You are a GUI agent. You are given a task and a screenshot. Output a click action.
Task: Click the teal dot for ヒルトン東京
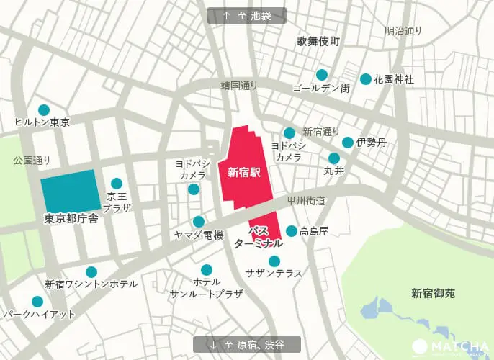click(x=43, y=110)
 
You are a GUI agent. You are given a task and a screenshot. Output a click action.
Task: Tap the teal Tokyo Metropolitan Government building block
click(x=69, y=190)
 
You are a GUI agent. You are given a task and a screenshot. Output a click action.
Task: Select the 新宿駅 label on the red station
click(x=243, y=172)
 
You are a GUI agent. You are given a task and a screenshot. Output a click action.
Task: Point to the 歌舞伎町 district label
click(x=318, y=42)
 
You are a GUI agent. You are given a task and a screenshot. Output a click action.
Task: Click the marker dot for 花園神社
click(x=366, y=79)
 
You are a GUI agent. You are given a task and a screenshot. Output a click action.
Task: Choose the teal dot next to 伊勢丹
click(x=348, y=143)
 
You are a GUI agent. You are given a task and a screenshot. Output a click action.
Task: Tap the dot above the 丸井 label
click(x=333, y=158)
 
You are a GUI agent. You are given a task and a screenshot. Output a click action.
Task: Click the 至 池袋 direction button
click(x=246, y=16)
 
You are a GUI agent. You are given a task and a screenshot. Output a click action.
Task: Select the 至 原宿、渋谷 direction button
click(x=246, y=344)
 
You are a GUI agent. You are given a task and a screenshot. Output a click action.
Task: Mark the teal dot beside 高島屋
click(x=291, y=231)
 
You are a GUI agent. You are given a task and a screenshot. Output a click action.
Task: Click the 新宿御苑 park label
click(x=434, y=293)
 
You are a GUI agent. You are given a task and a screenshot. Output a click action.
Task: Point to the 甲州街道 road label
click(x=307, y=199)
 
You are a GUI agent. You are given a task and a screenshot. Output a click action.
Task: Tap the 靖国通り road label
click(x=238, y=85)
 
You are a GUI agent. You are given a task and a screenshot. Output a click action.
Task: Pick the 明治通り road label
click(x=403, y=31)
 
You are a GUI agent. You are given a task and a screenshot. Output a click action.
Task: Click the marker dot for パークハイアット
click(x=37, y=302)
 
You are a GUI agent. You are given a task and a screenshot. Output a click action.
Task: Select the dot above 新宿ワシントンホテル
click(x=91, y=272)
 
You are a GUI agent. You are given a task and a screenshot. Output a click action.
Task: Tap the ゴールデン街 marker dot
click(x=321, y=74)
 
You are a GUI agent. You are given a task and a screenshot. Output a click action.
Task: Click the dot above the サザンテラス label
click(x=274, y=261)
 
